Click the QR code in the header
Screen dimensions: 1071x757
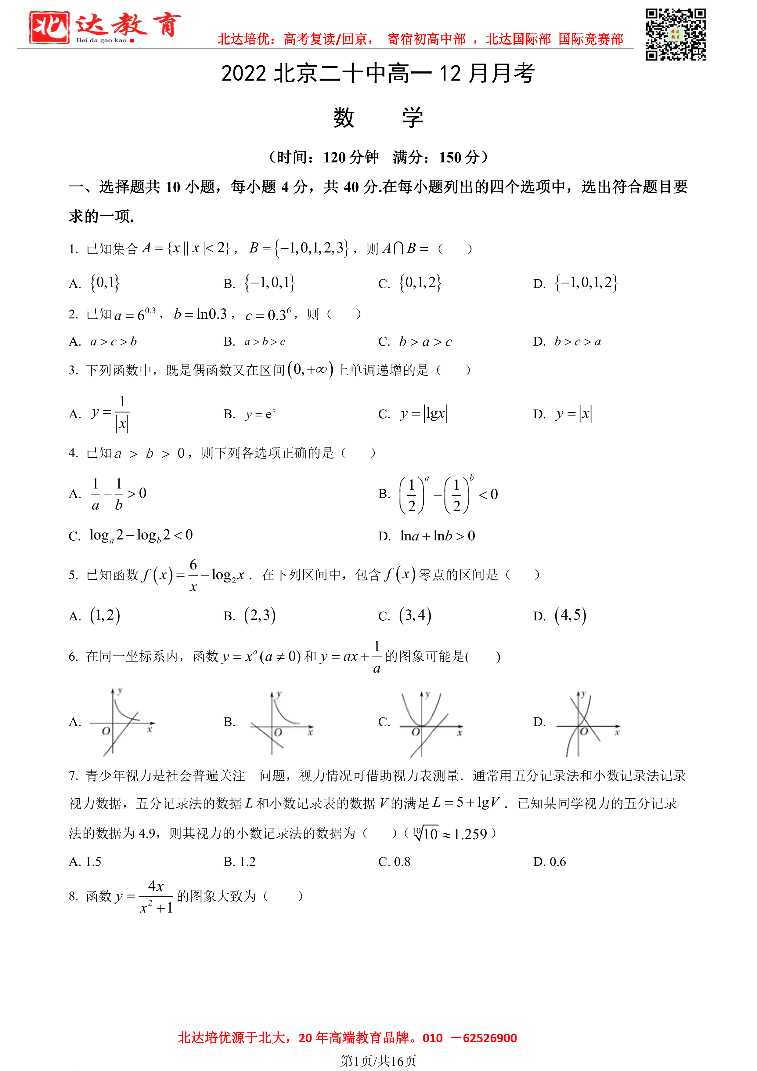point(676,34)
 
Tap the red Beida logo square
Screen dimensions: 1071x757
point(49,27)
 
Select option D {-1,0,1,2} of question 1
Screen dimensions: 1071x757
point(586,283)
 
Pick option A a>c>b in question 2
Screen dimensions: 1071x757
point(113,342)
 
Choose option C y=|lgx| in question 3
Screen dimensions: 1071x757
point(423,414)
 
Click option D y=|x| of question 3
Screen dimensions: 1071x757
point(574,414)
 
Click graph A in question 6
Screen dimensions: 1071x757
point(122,722)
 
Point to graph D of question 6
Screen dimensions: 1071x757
point(587,724)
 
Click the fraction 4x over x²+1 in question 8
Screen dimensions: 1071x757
point(156,897)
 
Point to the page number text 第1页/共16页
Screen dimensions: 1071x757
point(378,1061)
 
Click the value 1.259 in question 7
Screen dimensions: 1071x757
point(470,834)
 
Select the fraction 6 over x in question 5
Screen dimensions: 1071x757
point(193,575)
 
